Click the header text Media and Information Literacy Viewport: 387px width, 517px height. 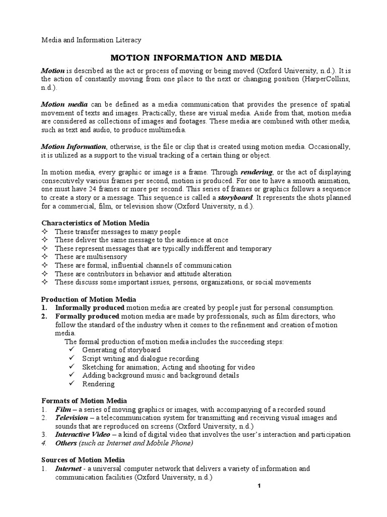click(x=91, y=39)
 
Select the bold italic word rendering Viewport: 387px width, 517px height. click(x=259, y=172)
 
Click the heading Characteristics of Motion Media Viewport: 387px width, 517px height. click(x=95, y=223)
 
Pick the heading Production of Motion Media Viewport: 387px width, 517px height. click(x=89, y=299)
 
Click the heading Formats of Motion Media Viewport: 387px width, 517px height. click(x=84, y=400)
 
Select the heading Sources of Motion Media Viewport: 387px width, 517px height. click(x=83, y=460)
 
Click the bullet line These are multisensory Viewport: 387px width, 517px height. click(x=91, y=257)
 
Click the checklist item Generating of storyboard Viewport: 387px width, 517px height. click(x=121, y=350)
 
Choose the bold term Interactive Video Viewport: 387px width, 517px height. click(x=83, y=434)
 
